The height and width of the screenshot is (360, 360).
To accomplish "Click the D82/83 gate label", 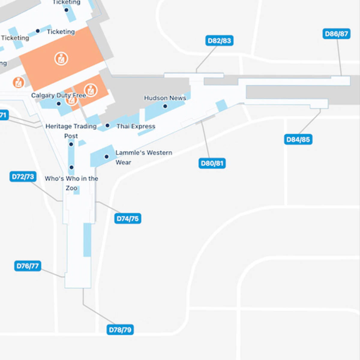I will click(219, 40).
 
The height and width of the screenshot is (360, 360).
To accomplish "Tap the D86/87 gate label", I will click(336, 34).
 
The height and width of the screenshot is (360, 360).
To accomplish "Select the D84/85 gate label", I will click(298, 139).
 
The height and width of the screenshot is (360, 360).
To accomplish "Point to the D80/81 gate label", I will click(212, 163).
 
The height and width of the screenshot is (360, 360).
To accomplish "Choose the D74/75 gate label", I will click(127, 218).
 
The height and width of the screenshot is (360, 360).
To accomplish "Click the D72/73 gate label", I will click(23, 176).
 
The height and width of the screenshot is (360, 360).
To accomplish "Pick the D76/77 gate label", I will click(28, 266).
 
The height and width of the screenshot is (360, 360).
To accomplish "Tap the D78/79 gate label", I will click(120, 330).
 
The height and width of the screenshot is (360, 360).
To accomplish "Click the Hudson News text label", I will click(165, 98).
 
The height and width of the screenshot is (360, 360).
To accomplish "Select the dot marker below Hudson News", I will click(165, 106).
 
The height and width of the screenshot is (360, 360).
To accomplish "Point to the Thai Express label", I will click(136, 126).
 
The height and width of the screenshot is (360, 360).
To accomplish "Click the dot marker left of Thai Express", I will click(107, 125).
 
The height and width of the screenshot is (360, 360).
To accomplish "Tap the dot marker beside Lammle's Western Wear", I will click(106, 157).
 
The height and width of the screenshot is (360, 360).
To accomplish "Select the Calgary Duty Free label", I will click(58, 95).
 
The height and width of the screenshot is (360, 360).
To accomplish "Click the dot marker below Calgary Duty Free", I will click(59, 104).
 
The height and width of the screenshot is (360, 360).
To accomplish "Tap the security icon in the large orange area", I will click(61, 58).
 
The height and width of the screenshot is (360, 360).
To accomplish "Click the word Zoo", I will click(71, 188).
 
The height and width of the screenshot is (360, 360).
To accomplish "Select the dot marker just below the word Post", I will click(71, 144).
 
